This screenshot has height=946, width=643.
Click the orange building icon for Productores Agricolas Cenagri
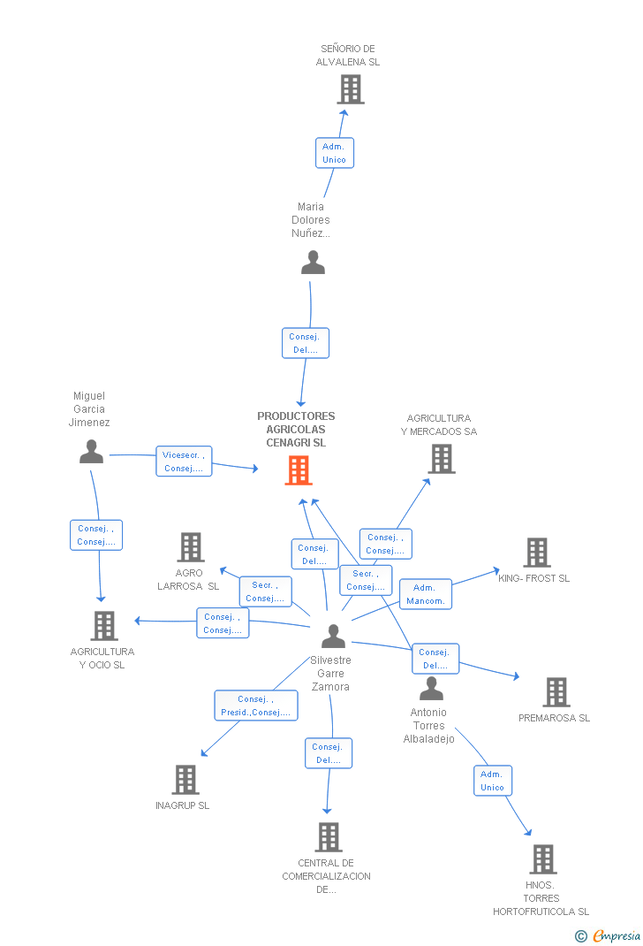pos(299,470)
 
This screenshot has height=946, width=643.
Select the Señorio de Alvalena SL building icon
pos(351,89)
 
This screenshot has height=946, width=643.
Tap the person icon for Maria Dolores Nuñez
pos(313,263)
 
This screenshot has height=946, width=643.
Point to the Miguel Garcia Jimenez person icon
pos(91,452)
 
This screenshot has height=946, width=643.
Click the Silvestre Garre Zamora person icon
pos(333,637)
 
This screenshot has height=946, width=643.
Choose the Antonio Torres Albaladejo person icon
pos(431,688)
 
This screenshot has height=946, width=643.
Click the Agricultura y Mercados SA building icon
pos(442,459)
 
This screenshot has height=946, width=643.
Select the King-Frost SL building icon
pos(536,553)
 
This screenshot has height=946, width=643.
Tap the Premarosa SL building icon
pos(556,692)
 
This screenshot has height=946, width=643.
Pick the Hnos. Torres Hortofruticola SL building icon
pos(542,858)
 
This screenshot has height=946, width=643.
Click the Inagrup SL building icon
pos(185,780)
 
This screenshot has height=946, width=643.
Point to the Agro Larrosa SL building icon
pos(191,547)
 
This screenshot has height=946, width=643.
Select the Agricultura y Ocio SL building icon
pos(104,626)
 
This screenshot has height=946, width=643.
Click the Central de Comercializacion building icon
pos(328,836)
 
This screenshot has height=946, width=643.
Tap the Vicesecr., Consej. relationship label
pos(184,462)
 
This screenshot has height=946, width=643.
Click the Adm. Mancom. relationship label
pos(425,594)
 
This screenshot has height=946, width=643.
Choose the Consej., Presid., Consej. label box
pos(256,706)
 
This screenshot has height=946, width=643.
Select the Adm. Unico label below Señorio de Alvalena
pos(335,153)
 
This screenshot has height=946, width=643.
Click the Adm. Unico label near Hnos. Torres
pos(492,781)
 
